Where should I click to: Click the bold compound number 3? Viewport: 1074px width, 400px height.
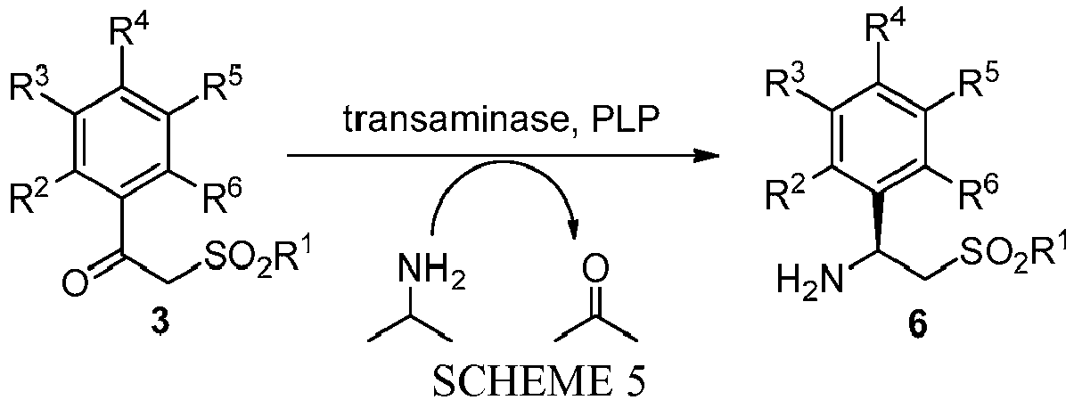160,325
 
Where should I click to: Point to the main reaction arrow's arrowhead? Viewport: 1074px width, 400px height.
706,156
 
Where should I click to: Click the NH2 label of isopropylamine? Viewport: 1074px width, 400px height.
431,272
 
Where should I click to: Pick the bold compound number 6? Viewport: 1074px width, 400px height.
918,325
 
